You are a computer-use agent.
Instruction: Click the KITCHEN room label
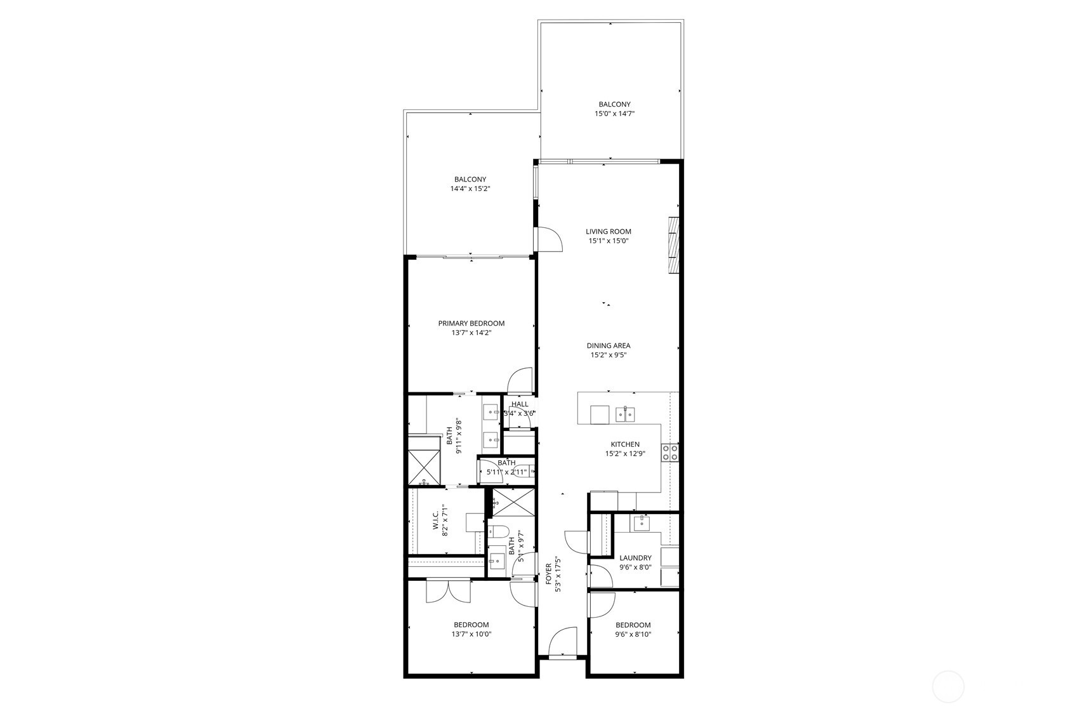pyautogui.click(x=625, y=444)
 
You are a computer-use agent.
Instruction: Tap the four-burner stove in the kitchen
pyautogui.click(x=670, y=452)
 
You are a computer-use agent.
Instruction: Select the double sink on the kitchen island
pyautogui.click(x=625, y=415)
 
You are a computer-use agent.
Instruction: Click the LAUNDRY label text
pyautogui.click(x=635, y=558)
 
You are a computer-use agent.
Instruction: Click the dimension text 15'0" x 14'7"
pyautogui.click(x=614, y=114)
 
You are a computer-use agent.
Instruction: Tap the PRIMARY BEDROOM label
pyautogui.click(x=471, y=323)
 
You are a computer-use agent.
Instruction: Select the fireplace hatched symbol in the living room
pyautogui.click(x=674, y=246)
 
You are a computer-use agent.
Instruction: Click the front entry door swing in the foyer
pyautogui.click(x=563, y=642)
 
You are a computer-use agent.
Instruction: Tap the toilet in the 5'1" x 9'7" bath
pyautogui.click(x=497, y=532)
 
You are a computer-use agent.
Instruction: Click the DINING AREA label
pyautogui.click(x=608, y=346)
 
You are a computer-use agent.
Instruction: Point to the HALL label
pyautogui.click(x=520, y=404)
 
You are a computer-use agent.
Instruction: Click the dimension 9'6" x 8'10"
pyautogui.click(x=633, y=634)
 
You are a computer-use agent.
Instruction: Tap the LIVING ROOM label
pyautogui.click(x=608, y=232)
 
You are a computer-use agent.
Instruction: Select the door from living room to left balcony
pyautogui.click(x=550, y=238)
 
